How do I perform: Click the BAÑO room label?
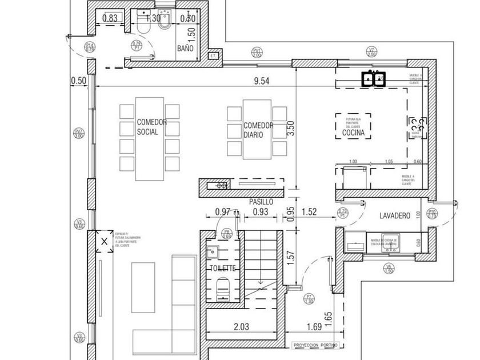click(x=185, y=49)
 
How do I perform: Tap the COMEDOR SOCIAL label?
click(x=151, y=126)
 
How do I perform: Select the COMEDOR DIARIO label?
click(x=258, y=130)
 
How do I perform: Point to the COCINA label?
click(x=353, y=133)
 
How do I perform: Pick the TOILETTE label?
click(x=223, y=268)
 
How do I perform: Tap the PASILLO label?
click(x=261, y=202)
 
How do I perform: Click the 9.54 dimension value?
click(x=262, y=81)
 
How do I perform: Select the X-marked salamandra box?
click(x=103, y=242)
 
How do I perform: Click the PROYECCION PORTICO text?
click(x=315, y=345)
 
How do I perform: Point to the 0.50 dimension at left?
click(x=78, y=81)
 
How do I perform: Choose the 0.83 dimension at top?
click(x=110, y=18)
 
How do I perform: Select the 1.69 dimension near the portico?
click(x=314, y=327)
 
